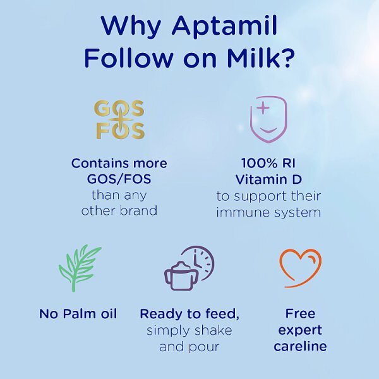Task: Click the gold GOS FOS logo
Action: [119, 119]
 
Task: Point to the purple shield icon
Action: [268, 119]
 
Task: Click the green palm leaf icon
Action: [78, 268]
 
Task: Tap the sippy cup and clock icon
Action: [188, 268]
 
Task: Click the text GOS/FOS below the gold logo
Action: [119, 179]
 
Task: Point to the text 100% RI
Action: [268, 163]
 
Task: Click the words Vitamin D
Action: [268, 179]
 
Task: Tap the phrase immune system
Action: [268, 212]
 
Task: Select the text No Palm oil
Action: [78, 314]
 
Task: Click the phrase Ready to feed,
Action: [189, 314]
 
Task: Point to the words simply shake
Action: [189, 330]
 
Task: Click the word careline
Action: [300, 347]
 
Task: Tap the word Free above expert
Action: [300, 314]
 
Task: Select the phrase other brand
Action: [119, 211]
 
